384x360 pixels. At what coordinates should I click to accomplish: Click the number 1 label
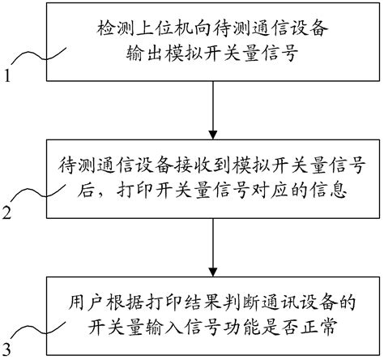(7, 79)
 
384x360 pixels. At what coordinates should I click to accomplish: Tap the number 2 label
(7, 215)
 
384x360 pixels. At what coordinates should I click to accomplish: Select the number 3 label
(7, 349)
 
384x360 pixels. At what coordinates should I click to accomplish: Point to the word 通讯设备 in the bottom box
(285, 306)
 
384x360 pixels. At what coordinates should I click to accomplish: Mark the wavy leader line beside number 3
(36, 332)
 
